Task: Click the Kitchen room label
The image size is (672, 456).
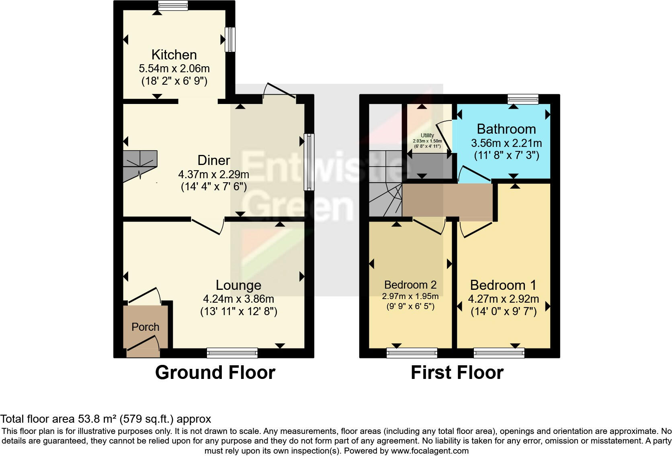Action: pos(174,55)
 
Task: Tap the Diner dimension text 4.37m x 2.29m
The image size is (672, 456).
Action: pos(213,174)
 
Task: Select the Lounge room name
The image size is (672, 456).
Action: pos(238,285)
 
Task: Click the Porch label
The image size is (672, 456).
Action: pos(145,327)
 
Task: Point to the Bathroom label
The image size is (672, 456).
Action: pos(506,129)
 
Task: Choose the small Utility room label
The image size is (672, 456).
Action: pos(427,135)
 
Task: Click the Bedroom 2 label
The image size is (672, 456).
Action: pos(410,285)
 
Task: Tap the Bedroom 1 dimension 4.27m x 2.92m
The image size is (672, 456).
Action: pos(503,299)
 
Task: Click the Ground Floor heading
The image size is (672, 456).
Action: pos(215,373)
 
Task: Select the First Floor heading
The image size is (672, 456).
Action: pos(457,373)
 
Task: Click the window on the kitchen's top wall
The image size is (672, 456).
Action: pos(173,5)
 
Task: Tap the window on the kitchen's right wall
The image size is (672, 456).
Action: pos(230,39)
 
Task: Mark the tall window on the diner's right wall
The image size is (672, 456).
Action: pos(309,162)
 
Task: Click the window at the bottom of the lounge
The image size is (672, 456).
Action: pos(232,353)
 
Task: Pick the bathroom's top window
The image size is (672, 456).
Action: pos(523,99)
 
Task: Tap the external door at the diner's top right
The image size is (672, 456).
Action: pos(279,91)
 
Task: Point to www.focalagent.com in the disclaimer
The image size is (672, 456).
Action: pos(429,451)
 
